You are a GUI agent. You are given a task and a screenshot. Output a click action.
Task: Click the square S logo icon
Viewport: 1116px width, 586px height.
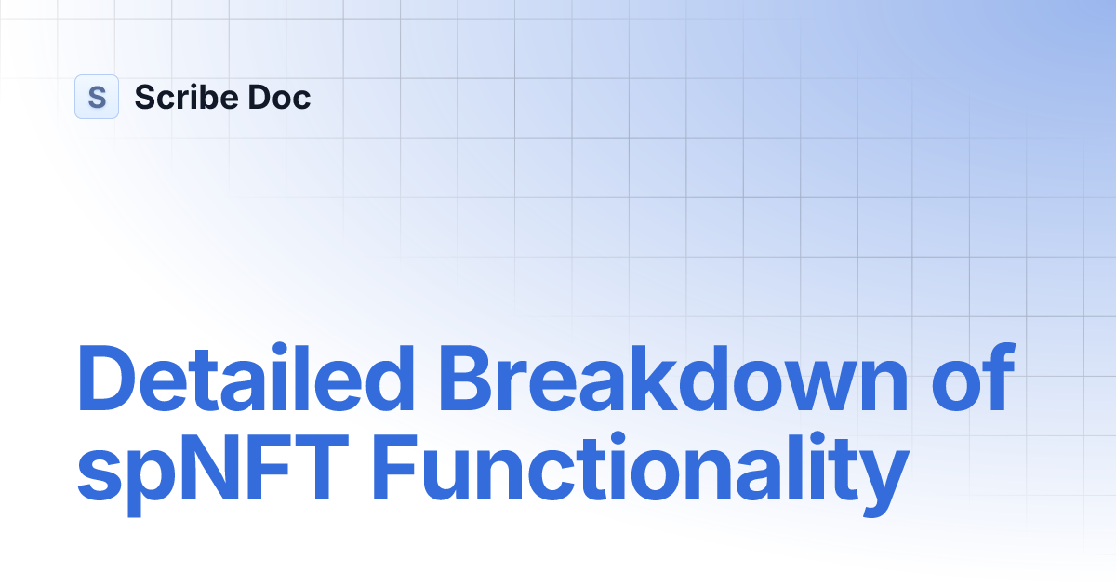pyautogui.click(x=97, y=97)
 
